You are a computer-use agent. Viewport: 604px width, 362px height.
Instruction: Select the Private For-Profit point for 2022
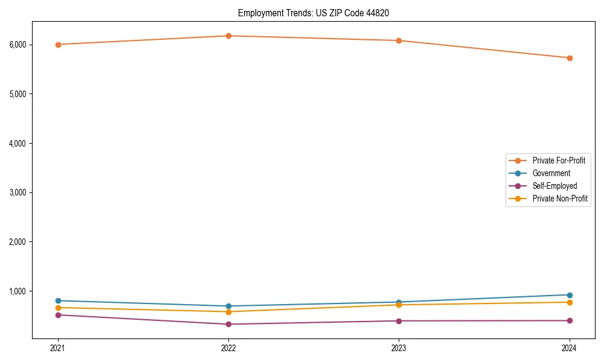(228, 36)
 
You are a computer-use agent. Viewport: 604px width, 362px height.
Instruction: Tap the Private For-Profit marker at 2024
(570, 58)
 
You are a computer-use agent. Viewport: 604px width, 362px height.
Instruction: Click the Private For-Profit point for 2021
(58, 45)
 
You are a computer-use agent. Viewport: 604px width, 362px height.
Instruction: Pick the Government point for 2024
(570, 295)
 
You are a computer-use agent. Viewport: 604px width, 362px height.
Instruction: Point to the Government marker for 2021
(58, 300)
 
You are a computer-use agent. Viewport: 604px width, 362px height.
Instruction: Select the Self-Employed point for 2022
(228, 324)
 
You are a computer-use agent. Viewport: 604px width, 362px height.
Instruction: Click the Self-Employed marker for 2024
(570, 320)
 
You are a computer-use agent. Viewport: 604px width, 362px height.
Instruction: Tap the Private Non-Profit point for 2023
(399, 305)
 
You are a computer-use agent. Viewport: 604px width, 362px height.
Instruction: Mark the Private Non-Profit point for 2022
(228, 312)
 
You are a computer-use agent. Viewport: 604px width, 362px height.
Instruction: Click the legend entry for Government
(551, 173)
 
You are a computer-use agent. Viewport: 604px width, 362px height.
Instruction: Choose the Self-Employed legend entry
(554, 186)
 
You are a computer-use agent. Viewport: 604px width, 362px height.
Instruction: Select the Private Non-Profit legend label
(560, 198)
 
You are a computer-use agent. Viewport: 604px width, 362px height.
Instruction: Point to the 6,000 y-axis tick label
(18, 45)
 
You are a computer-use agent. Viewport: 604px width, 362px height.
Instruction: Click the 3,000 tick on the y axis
(18, 192)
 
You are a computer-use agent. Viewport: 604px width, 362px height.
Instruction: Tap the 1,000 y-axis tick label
(18, 291)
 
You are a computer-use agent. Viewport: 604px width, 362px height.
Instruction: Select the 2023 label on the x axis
(399, 348)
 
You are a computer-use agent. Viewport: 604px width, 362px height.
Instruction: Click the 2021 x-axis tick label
(58, 348)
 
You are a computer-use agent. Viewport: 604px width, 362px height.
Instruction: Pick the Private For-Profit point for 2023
(399, 40)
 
